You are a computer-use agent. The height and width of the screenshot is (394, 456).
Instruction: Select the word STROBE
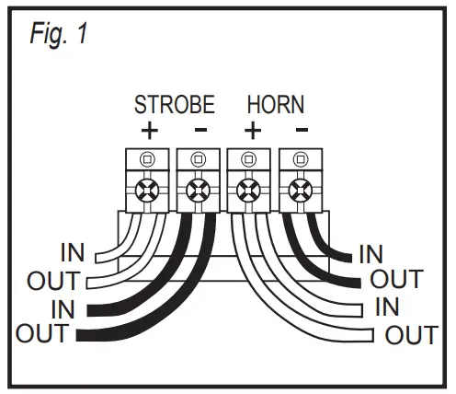[x=174, y=102]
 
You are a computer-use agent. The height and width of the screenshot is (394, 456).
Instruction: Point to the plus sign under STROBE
[x=149, y=129]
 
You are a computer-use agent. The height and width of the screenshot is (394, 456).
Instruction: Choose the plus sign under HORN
[x=251, y=129]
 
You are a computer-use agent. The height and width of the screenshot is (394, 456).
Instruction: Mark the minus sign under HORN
[x=301, y=129]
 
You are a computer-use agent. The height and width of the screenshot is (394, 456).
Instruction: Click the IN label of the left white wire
[x=74, y=250]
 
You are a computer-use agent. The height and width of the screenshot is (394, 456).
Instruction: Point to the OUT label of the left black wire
[x=42, y=333]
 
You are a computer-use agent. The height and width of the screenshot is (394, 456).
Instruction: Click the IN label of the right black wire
[x=371, y=252]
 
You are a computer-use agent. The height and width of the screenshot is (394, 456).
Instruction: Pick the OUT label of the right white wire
[x=411, y=333]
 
